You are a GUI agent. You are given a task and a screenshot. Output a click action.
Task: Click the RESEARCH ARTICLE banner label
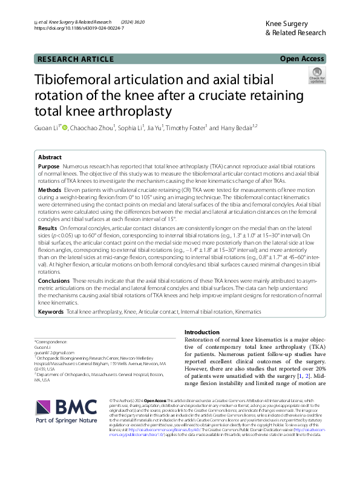pos(76,59)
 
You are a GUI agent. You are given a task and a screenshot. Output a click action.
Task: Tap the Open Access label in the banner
pos(302,59)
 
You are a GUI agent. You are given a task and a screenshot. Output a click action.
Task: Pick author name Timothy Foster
pos(188,128)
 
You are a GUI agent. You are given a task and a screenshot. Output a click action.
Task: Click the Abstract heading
pos(50,156)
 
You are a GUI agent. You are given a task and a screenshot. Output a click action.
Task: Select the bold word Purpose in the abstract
pos(48,166)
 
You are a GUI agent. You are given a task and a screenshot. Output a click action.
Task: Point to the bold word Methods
pos(49,190)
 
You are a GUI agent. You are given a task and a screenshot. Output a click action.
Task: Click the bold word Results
pos(48,227)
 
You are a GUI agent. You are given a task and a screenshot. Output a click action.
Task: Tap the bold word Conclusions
pos(53,281)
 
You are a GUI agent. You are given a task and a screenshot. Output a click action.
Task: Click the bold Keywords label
pos(50,311)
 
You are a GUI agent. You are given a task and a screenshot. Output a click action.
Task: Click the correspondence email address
pos(54,352)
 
